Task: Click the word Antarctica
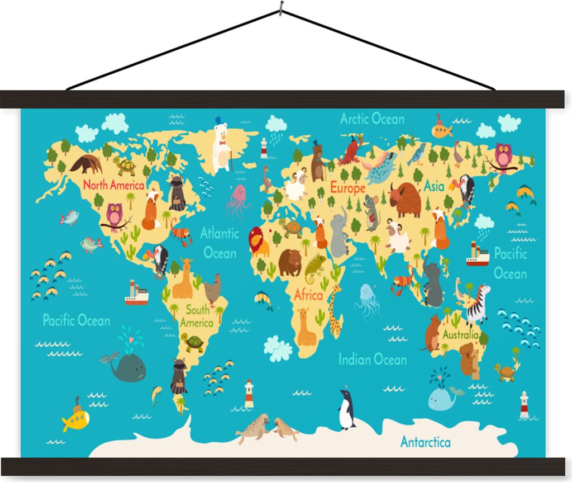tap(425, 442)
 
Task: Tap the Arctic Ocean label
tap(372, 119)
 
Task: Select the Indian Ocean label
tap(372, 360)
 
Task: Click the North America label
tap(113, 185)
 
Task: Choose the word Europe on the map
tap(347, 187)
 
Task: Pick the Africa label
tap(308, 295)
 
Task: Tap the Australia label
tap(460, 335)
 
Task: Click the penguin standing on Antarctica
tap(346, 409)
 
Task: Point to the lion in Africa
tap(258, 242)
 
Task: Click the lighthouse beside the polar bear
tap(264, 148)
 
